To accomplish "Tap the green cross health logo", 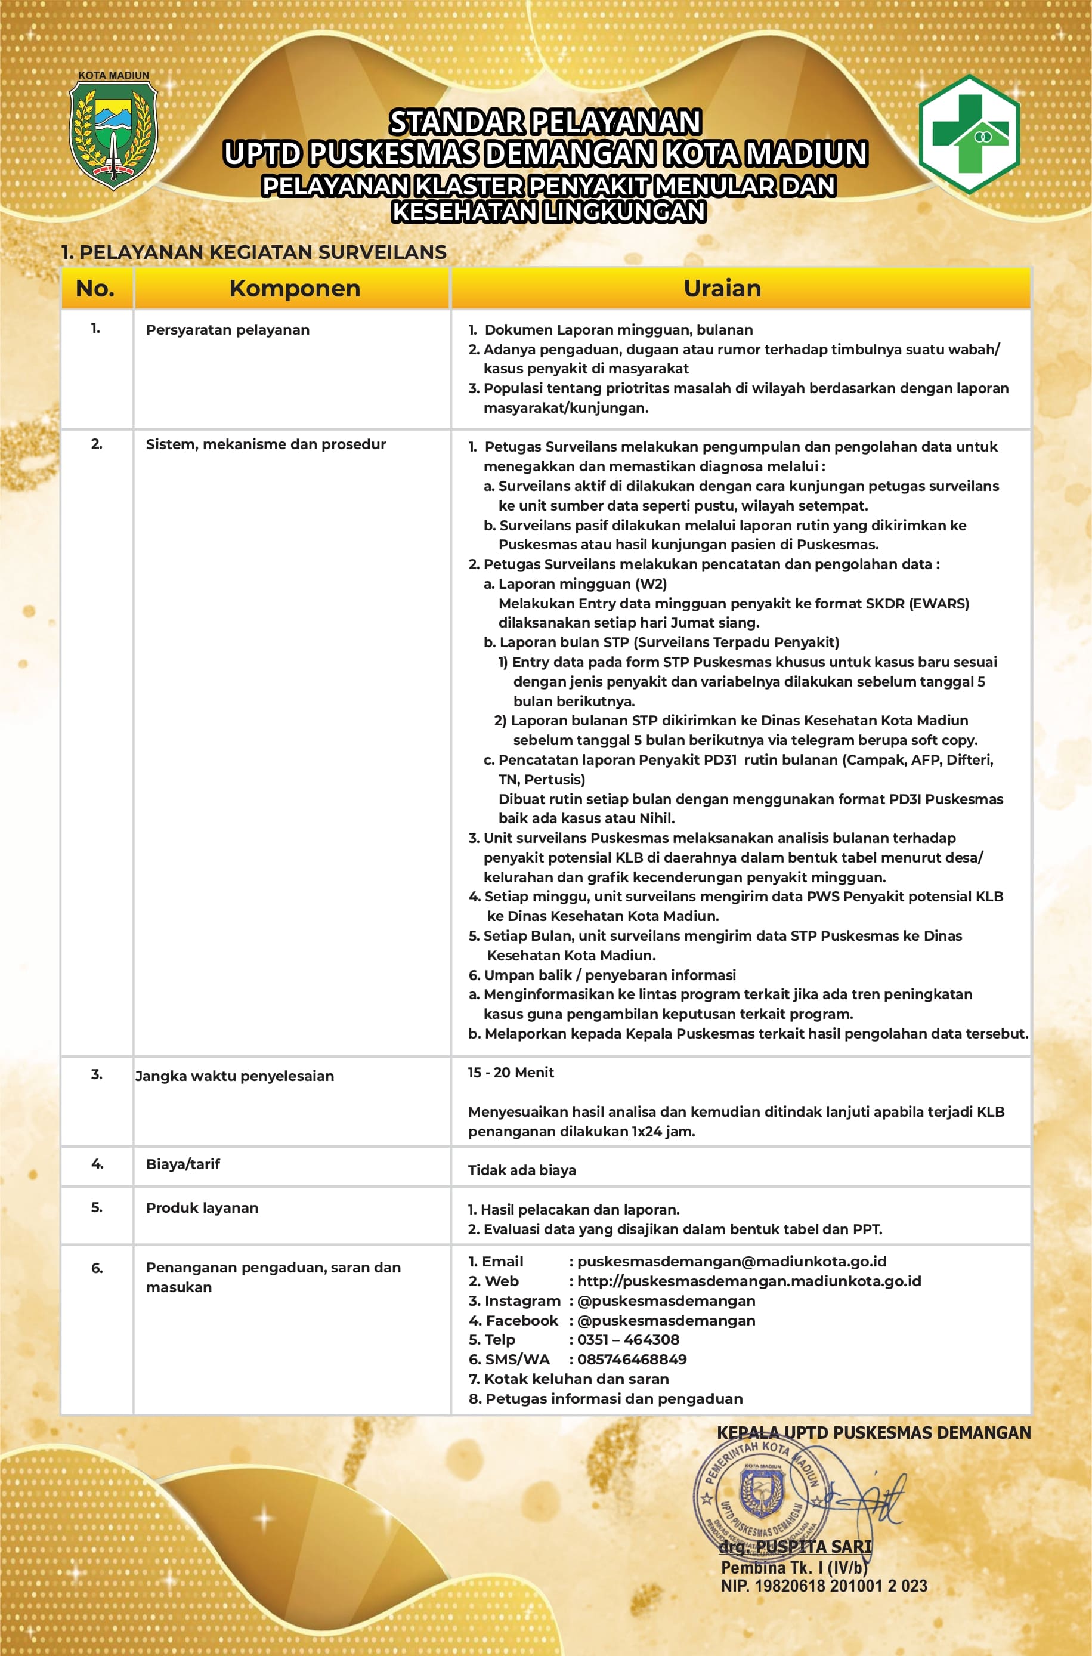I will (969, 134).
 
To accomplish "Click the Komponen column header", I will (295, 288).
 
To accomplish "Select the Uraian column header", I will (722, 288).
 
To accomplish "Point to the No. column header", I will (95, 288).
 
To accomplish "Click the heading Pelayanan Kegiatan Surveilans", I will (254, 252).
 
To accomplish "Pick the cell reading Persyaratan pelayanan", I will (228, 330).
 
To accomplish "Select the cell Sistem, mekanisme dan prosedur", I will (265, 444).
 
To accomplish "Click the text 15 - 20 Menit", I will (511, 1073).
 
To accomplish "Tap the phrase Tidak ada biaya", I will (522, 1170).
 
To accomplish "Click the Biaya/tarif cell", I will (183, 1164).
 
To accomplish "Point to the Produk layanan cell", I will (202, 1208).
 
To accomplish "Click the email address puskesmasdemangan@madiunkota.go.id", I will (731, 1261).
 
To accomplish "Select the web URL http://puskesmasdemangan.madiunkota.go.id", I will (748, 1281).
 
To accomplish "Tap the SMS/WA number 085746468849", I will (632, 1359).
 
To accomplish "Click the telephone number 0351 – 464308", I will (628, 1339).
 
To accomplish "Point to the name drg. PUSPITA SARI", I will (796, 1547).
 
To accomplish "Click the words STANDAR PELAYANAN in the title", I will (545, 122).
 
